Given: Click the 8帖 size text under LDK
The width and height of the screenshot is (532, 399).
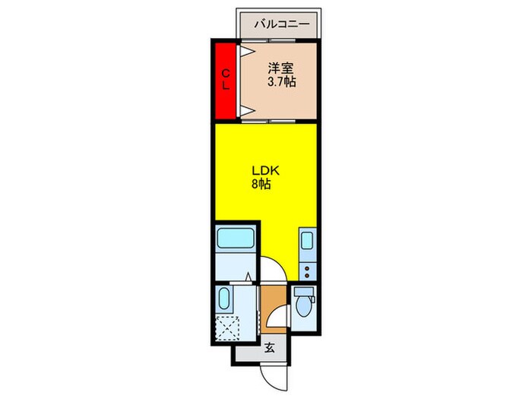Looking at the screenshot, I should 261,185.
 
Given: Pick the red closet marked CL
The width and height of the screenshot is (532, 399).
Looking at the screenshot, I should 226,81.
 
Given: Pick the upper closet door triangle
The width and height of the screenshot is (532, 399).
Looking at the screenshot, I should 248,52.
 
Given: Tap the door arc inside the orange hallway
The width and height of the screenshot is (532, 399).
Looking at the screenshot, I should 280,316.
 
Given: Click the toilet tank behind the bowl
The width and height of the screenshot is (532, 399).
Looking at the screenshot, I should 305,293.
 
